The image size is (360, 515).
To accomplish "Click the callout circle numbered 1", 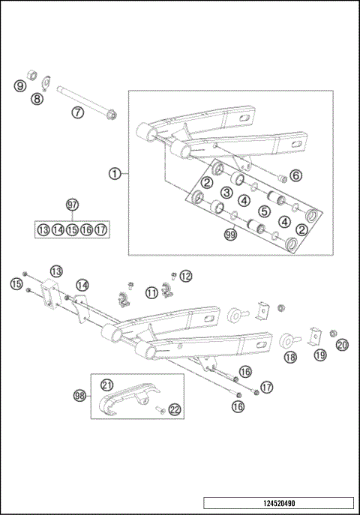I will pyautogui.click(x=114, y=173).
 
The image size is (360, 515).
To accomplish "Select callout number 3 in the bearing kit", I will pyautogui.click(x=225, y=193).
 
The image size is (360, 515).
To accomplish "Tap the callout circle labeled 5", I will pyautogui.click(x=265, y=211).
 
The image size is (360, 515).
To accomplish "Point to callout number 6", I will pyautogui.click(x=295, y=175).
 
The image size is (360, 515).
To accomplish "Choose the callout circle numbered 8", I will pyautogui.click(x=35, y=98).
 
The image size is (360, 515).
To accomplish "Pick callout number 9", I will pyautogui.click(x=19, y=86).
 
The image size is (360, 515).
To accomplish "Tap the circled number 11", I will pyautogui.click(x=151, y=292).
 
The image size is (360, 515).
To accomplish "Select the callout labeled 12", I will pyautogui.click(x=185, y=276).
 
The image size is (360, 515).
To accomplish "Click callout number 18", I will pyautogui.click(x=290, y=358).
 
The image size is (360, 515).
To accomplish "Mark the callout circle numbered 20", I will pyautogui.click(x=342, y=345).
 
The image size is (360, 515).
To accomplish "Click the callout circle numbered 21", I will pyautogui.click(x=106, y=385).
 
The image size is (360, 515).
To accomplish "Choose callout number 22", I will pyautogui.click(x=174, y=409).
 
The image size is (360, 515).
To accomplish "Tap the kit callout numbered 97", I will pyautogui.click(x=72, y=205).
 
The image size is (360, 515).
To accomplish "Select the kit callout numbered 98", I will pyautogui.click(x=79, y=395).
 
